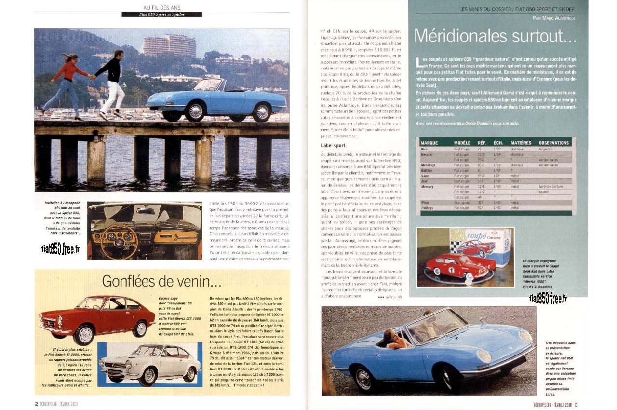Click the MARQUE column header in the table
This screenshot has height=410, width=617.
[429, 143]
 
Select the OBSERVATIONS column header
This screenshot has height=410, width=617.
[553, 143]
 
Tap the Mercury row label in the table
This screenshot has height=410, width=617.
[428, 186]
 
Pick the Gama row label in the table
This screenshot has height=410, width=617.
[425, 176]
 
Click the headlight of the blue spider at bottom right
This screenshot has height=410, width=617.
[484, 355]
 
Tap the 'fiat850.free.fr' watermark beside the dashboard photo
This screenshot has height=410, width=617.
[61, 249]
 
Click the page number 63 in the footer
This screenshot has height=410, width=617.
[576, 404]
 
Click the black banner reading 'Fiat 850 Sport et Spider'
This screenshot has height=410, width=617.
[161, 14]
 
